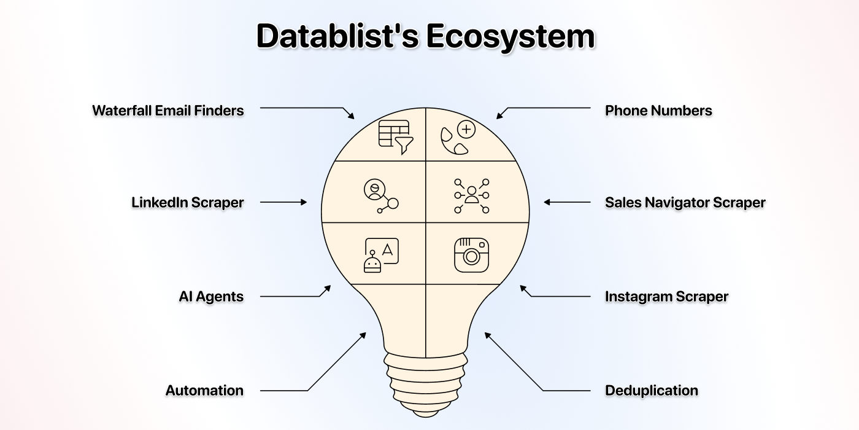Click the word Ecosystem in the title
tap(510, 36)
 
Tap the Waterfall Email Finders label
tap(168, 111)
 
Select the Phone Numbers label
tap(658, 111)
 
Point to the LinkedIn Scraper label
tap(187, 202)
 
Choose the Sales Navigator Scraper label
tap(685, 202)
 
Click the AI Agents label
tap(211, 296)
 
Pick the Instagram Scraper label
tap(666, 296)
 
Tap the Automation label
tap(204, 390)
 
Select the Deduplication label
tap(651, 390)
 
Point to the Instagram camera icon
tap(471, 255)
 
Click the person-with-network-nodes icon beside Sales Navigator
tap(471, 196)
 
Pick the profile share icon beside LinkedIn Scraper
tap(380, 196)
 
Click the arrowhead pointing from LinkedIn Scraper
tap(304, 202)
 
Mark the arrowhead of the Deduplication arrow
tap(487, 335)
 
